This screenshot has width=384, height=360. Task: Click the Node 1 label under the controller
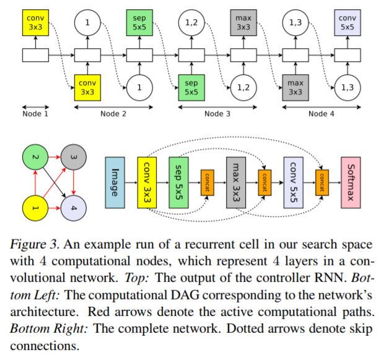35,113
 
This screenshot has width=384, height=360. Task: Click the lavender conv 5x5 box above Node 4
347,24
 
